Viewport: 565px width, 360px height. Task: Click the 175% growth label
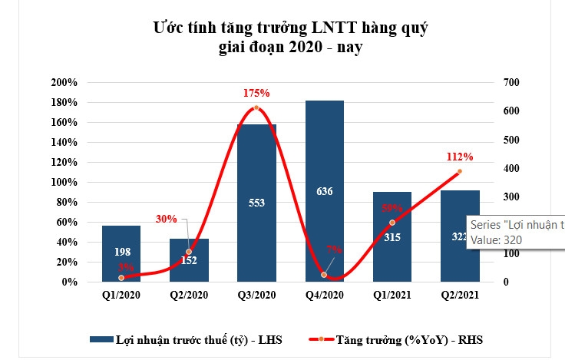point(256,93)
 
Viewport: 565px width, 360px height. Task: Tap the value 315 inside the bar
point(392,237)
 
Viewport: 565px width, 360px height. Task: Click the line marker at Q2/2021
point(460,171)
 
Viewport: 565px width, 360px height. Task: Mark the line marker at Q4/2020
point(324,274)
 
